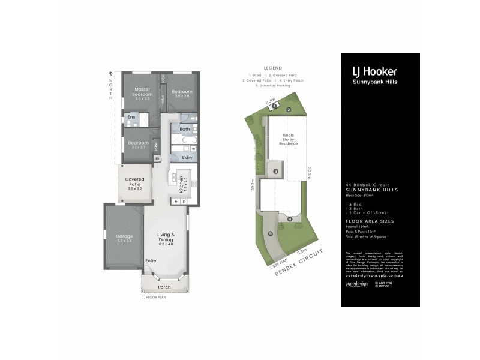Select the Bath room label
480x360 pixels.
coord(185,129)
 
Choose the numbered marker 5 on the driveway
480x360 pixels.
coord(271,233)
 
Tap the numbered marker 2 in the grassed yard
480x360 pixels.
coord(288,110)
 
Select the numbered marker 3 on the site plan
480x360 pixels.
coord(275,172)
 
